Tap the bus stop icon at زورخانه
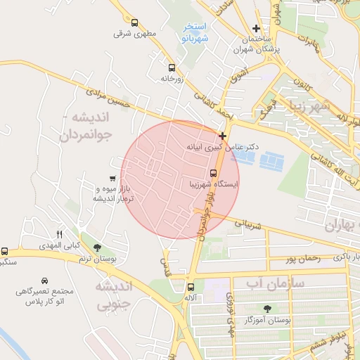click(172, 68)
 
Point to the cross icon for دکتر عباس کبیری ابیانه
click(223, 136)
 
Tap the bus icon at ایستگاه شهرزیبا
click(213, 173)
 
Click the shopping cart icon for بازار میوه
click(112, 179)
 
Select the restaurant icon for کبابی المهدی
click(60, 235)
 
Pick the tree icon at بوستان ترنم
click(97, 248)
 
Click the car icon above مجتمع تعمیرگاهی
click(45, 280)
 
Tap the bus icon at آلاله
click(191, 287)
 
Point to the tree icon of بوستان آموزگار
click(266, 309)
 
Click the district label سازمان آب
click(274, 283)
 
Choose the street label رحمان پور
click(303, 258)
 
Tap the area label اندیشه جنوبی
click(112, 295)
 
